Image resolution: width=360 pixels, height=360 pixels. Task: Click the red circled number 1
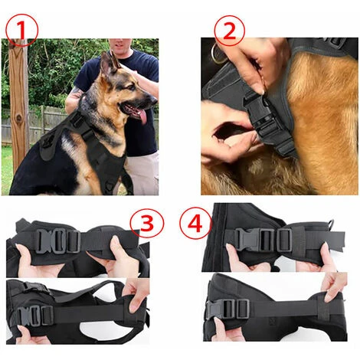pos(21,31)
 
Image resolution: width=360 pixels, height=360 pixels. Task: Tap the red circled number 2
pos(229,31)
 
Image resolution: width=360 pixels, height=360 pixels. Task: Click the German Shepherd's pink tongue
pos(143,116)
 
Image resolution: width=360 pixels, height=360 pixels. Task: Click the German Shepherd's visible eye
pos(133,87)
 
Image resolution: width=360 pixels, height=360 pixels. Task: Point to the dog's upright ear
pos(108,64)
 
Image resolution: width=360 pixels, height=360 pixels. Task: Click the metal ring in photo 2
pos(218,54)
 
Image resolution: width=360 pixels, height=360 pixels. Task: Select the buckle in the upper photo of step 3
pos(58,241)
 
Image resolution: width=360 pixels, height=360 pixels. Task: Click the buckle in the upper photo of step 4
pos(263,239)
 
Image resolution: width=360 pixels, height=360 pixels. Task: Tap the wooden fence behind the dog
pos(38,124)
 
